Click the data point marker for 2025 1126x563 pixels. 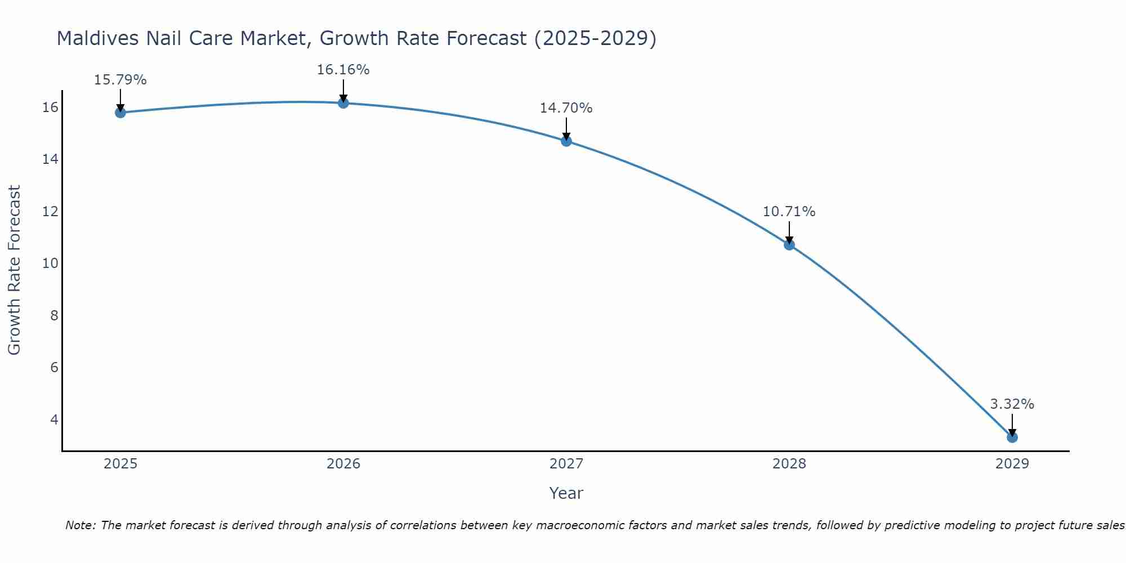(x=120, y=113)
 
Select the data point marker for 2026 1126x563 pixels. (x=343, y=103)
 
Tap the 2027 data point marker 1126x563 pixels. (x=566, y=141)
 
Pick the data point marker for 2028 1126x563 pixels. (x=789, y=244)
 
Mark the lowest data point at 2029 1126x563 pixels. (x=1012, y=437)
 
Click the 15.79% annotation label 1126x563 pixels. (x=120, y=80)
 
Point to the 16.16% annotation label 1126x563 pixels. (x=343, y=70)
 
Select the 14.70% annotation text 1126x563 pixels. (x=566, y=108)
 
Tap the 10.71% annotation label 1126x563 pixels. (x=789, y=212)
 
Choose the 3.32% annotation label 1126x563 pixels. (x=1012, y=404)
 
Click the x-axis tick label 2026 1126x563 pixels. (x=343, y=464)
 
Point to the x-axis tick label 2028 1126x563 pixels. (x=789, y=464)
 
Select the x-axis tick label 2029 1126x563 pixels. (x=1012, y=464)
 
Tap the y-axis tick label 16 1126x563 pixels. (x=50, y=108)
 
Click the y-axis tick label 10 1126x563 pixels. (x=50, y=263)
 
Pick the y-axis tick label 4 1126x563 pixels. (x=54, y=419)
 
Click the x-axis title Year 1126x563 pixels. (x=566, y=493)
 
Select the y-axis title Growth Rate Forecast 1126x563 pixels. (x=15, y=270)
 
